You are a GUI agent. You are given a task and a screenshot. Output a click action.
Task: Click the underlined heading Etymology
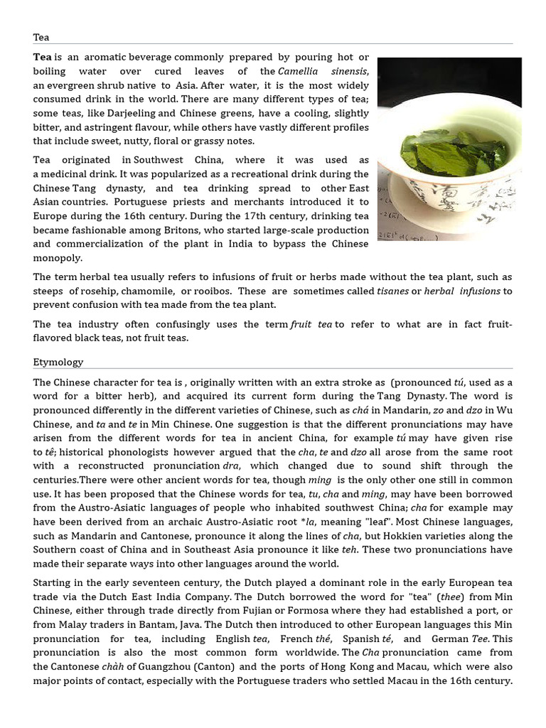pyautogui.click(x=58, y=362)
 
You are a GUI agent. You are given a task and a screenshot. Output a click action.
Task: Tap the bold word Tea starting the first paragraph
pyautogui.click(x=43, y=57)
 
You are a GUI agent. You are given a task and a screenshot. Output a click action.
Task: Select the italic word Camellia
pyautogui.click(x=299, y=71)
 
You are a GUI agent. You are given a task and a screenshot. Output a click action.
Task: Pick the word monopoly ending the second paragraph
pyautogui.click(x=58, y=258)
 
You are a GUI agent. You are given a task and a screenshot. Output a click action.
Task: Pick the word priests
pyautogui.click(x=162, y=202)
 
